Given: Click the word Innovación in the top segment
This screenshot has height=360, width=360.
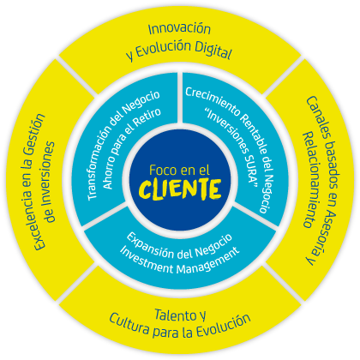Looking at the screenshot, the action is (x=179, y=28).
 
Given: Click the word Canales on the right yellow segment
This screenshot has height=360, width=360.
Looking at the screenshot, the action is (x=316, y=117).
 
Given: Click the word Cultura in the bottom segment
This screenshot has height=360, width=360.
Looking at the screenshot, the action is (x=129, y=323).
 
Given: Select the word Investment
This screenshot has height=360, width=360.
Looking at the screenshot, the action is (x=147, y=260).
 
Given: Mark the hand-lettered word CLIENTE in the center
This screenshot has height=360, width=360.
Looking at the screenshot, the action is (x=180, y=189).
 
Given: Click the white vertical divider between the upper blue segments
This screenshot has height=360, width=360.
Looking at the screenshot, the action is (x=180, y=97).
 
